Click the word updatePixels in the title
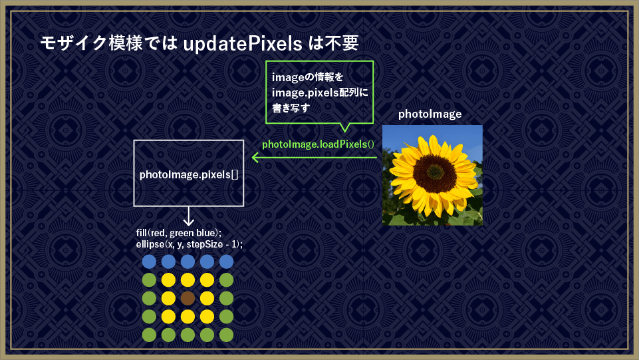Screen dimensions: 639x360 pyautogui.click(x=243, y=44)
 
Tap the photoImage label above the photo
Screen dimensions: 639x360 pyautogui.click(x=430, y=114)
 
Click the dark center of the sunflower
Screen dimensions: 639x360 pyautogui.click(x=434, y=174)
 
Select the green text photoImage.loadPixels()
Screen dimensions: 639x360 pyautogui.click(x=318, y=144)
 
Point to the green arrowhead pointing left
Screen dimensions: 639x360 pyautogui.click(x=255, y=157)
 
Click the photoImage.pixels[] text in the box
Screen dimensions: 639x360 pyautogui.click(x=189, y=174)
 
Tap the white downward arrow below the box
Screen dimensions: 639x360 pyautogui.click(x=188, y=216)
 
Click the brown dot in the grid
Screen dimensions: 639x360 pyautogui.click(x=188, y=298)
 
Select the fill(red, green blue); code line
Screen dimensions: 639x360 pyautogui.click(x=179, y=233)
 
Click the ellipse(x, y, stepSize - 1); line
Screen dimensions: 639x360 pyautogui.click(x=190, y=244)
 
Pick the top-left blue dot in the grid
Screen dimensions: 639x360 pyautogui.click(x=149, y=262)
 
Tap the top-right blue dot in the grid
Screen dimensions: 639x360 pyautogui.click(x=226, y=262)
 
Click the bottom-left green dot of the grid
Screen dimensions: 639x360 pyautogui.click(x=149, y=335)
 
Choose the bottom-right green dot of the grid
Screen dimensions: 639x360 pyautogui.click(x=226, y=335)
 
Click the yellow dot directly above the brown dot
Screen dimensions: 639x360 pyautogui.click(x=188, y=280)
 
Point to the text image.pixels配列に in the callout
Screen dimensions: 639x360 pyautogui.click(x=320, y=93)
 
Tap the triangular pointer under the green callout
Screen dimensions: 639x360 pyautogui.click(x=344, y=127)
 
